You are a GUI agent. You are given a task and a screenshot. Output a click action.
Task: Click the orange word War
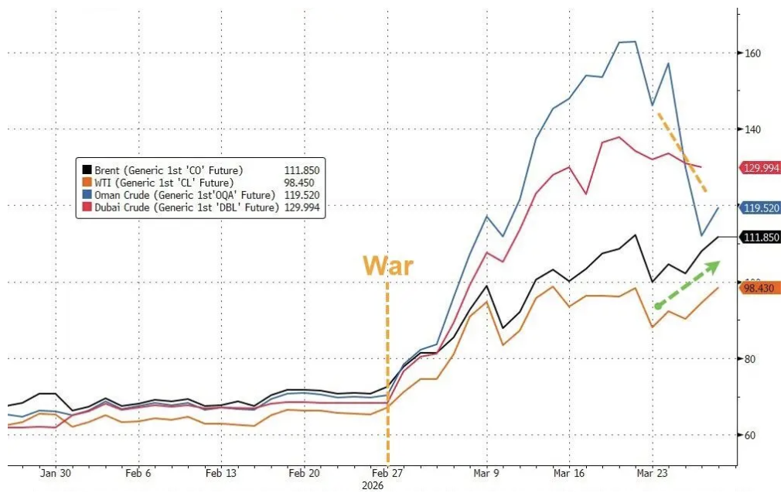click(388, 265)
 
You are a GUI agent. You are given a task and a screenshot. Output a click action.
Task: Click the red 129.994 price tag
click(761, 167)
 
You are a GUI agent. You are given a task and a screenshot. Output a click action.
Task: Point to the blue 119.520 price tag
click(761, 207)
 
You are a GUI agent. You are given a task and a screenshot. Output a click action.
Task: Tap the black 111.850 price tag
click(761, 237)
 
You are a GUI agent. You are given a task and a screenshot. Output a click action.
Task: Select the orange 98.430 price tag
click(761, 288)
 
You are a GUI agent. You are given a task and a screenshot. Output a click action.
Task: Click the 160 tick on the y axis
click(753, 53)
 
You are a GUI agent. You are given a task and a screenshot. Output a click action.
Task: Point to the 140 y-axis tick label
click(753, 129)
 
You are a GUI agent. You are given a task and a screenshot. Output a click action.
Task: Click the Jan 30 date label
click(56, 473)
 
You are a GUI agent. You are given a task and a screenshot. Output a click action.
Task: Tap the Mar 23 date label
click(652, 473)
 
